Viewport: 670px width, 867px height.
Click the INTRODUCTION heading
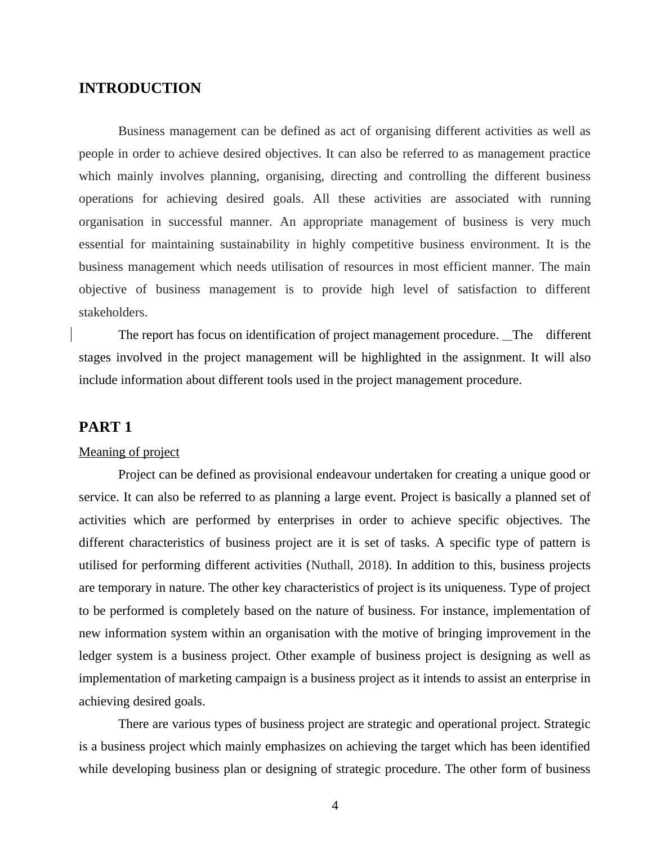coord(140,88)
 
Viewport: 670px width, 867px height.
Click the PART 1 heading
coord(105,427)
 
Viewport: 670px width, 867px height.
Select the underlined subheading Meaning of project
coord(129,452)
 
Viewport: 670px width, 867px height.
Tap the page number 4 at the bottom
coord(335,806)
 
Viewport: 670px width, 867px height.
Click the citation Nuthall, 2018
coord(347,565)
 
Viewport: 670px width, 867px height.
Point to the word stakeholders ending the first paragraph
coord(113,312)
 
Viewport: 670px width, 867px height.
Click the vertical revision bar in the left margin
coord(72,335)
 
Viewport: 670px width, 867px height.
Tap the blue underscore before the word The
coord(507,339)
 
